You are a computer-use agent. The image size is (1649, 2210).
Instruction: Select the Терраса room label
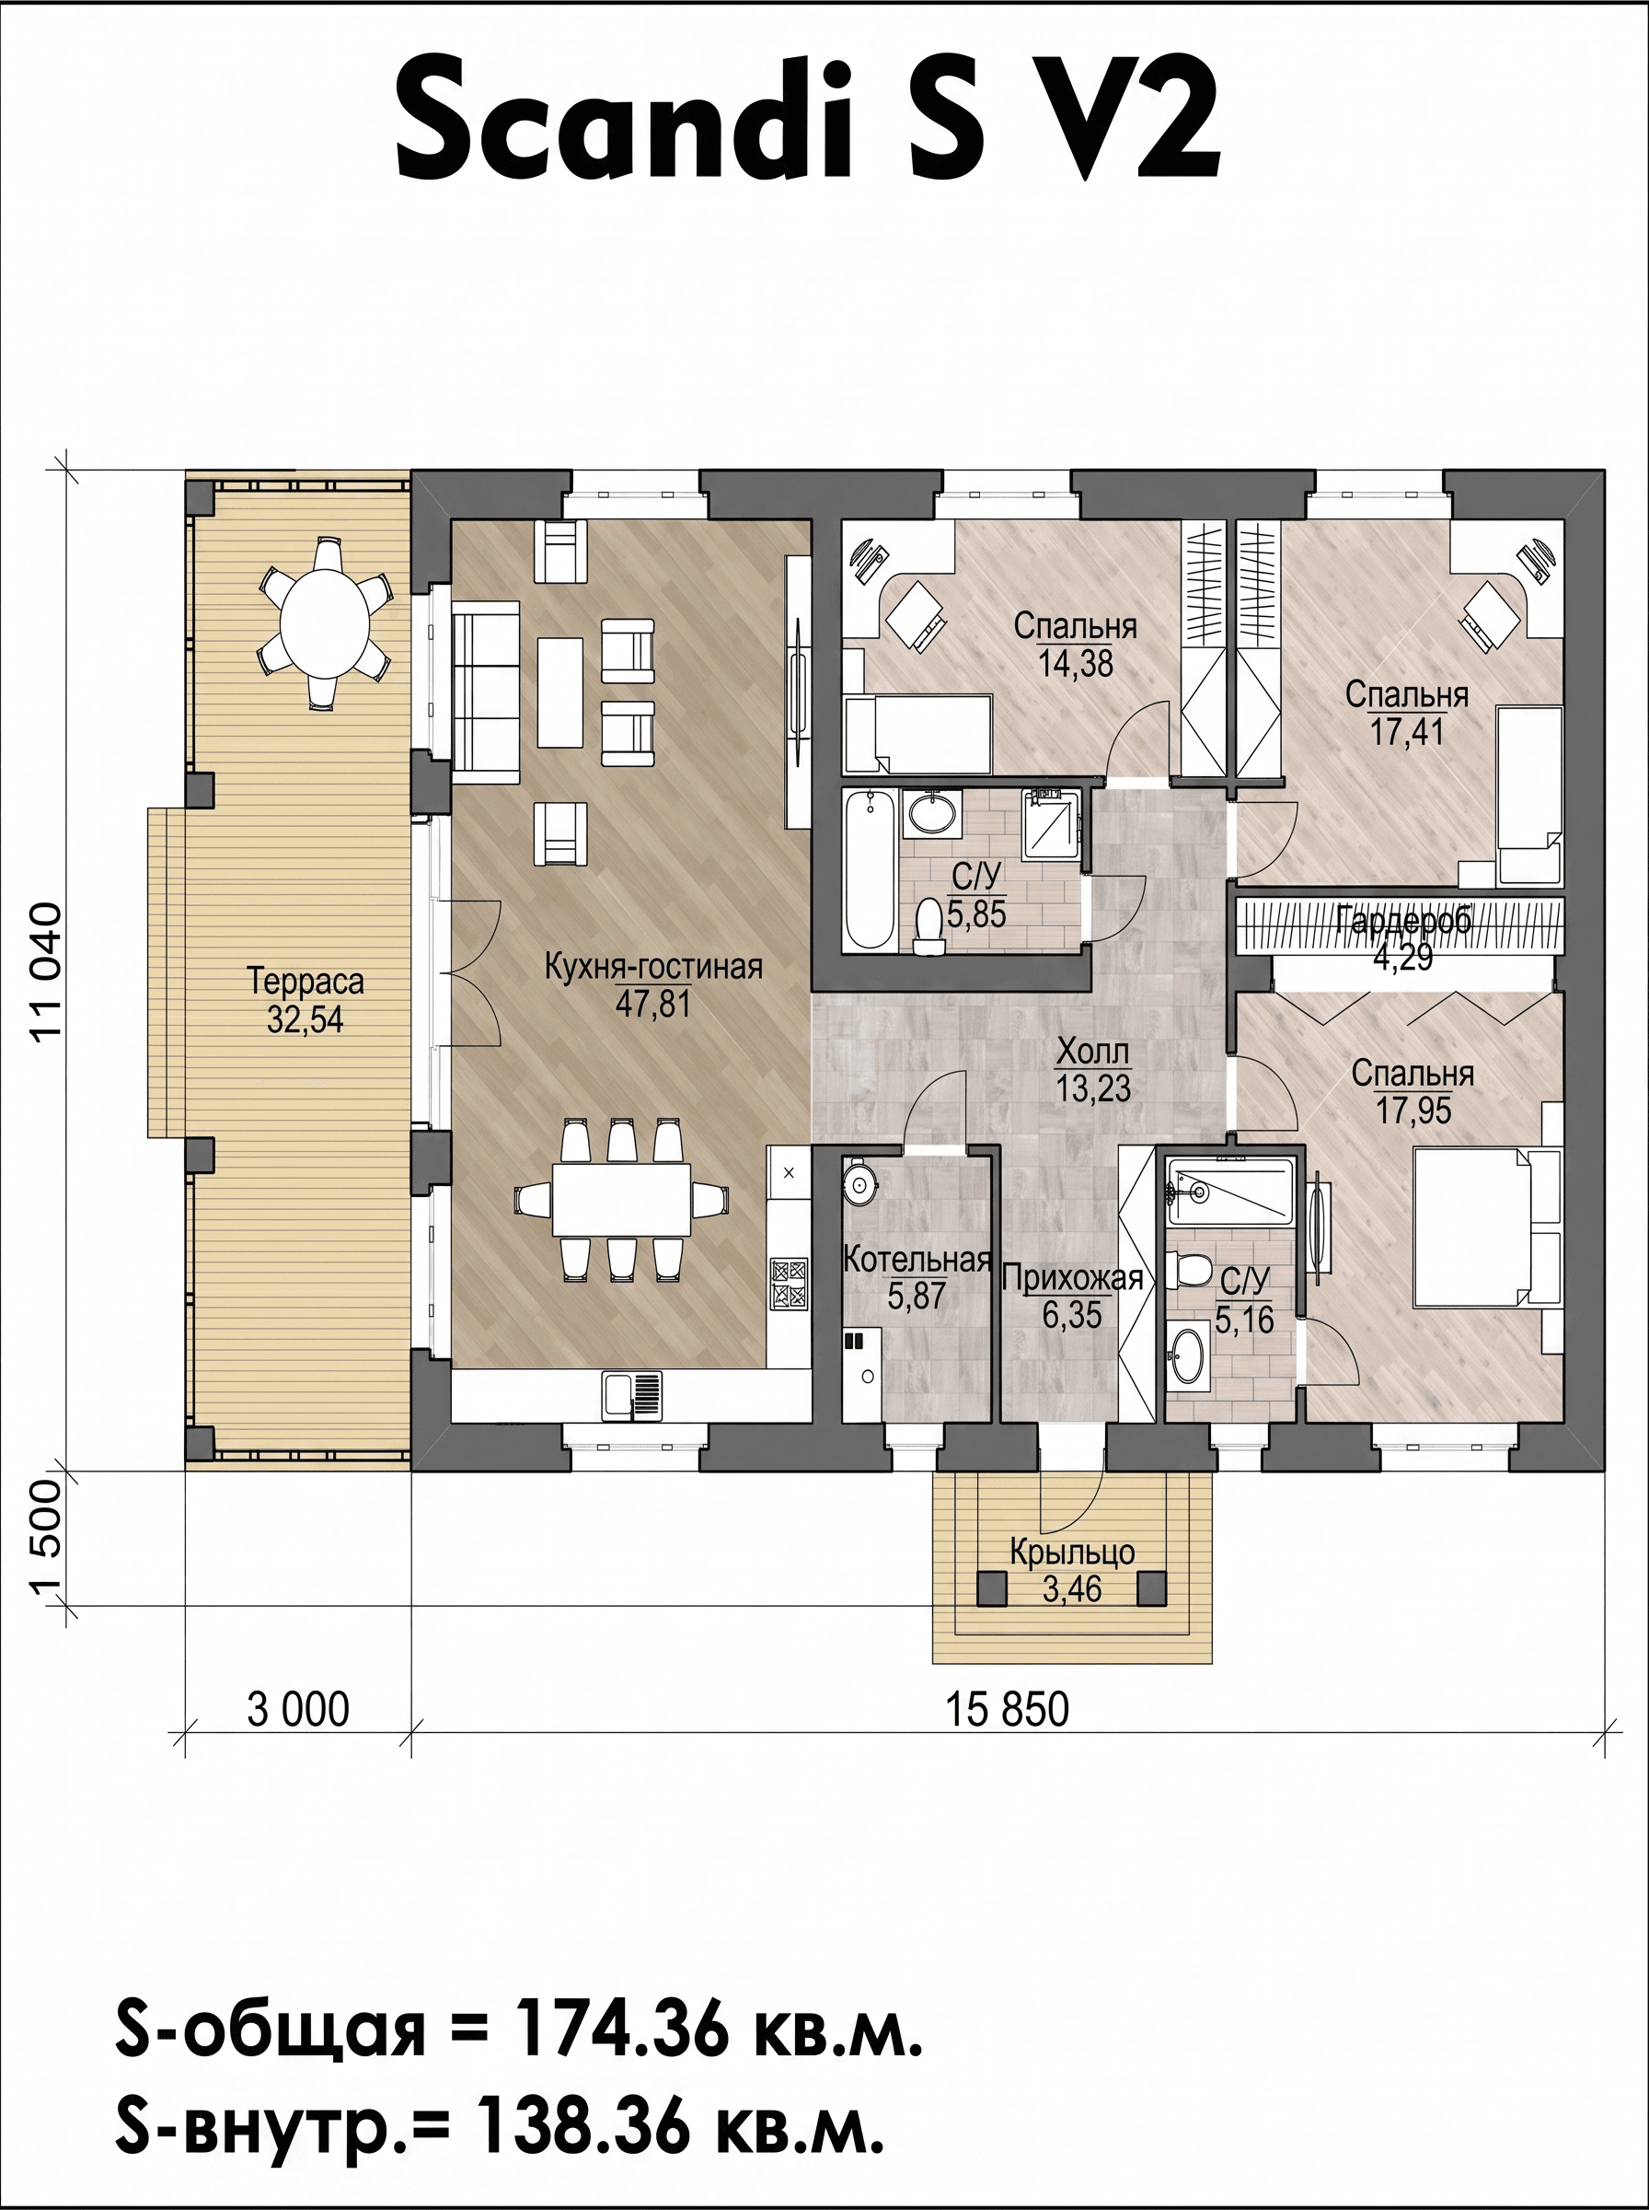tap(306, 982)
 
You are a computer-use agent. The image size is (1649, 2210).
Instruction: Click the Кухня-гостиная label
tap(654, 967)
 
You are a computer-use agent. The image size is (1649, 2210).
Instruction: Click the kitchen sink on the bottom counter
tap(632, 1394)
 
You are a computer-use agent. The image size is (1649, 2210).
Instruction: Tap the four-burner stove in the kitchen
tap(789, 1285)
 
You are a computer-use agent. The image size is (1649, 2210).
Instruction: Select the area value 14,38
tap(1075, 663)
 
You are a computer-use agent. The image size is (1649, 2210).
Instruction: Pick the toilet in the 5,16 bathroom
tap(1189, 1269)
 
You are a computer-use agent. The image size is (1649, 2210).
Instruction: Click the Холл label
tap(1093, 1052)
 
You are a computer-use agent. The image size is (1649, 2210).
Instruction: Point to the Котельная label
tap(917, 1260)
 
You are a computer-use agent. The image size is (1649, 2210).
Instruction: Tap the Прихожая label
tap(1072, 1277)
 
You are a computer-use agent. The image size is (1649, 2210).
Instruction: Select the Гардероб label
tap(1402, 920)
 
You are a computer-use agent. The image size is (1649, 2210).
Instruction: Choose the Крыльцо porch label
tap(1072, 1553)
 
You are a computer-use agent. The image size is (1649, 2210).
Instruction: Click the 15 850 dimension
tap(1008, 1709)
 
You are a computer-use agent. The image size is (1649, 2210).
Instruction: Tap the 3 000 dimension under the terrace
tap(298, 1709)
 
